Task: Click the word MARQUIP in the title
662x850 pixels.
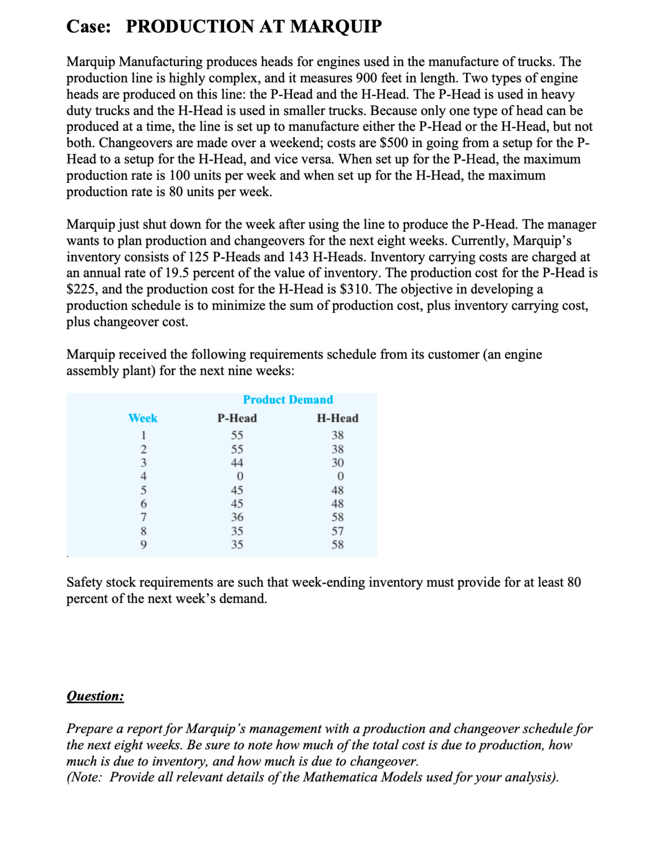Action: click(336, 26)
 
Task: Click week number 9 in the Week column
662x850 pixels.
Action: click(143, 545)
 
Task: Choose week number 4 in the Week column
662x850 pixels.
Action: click(143, 476)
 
